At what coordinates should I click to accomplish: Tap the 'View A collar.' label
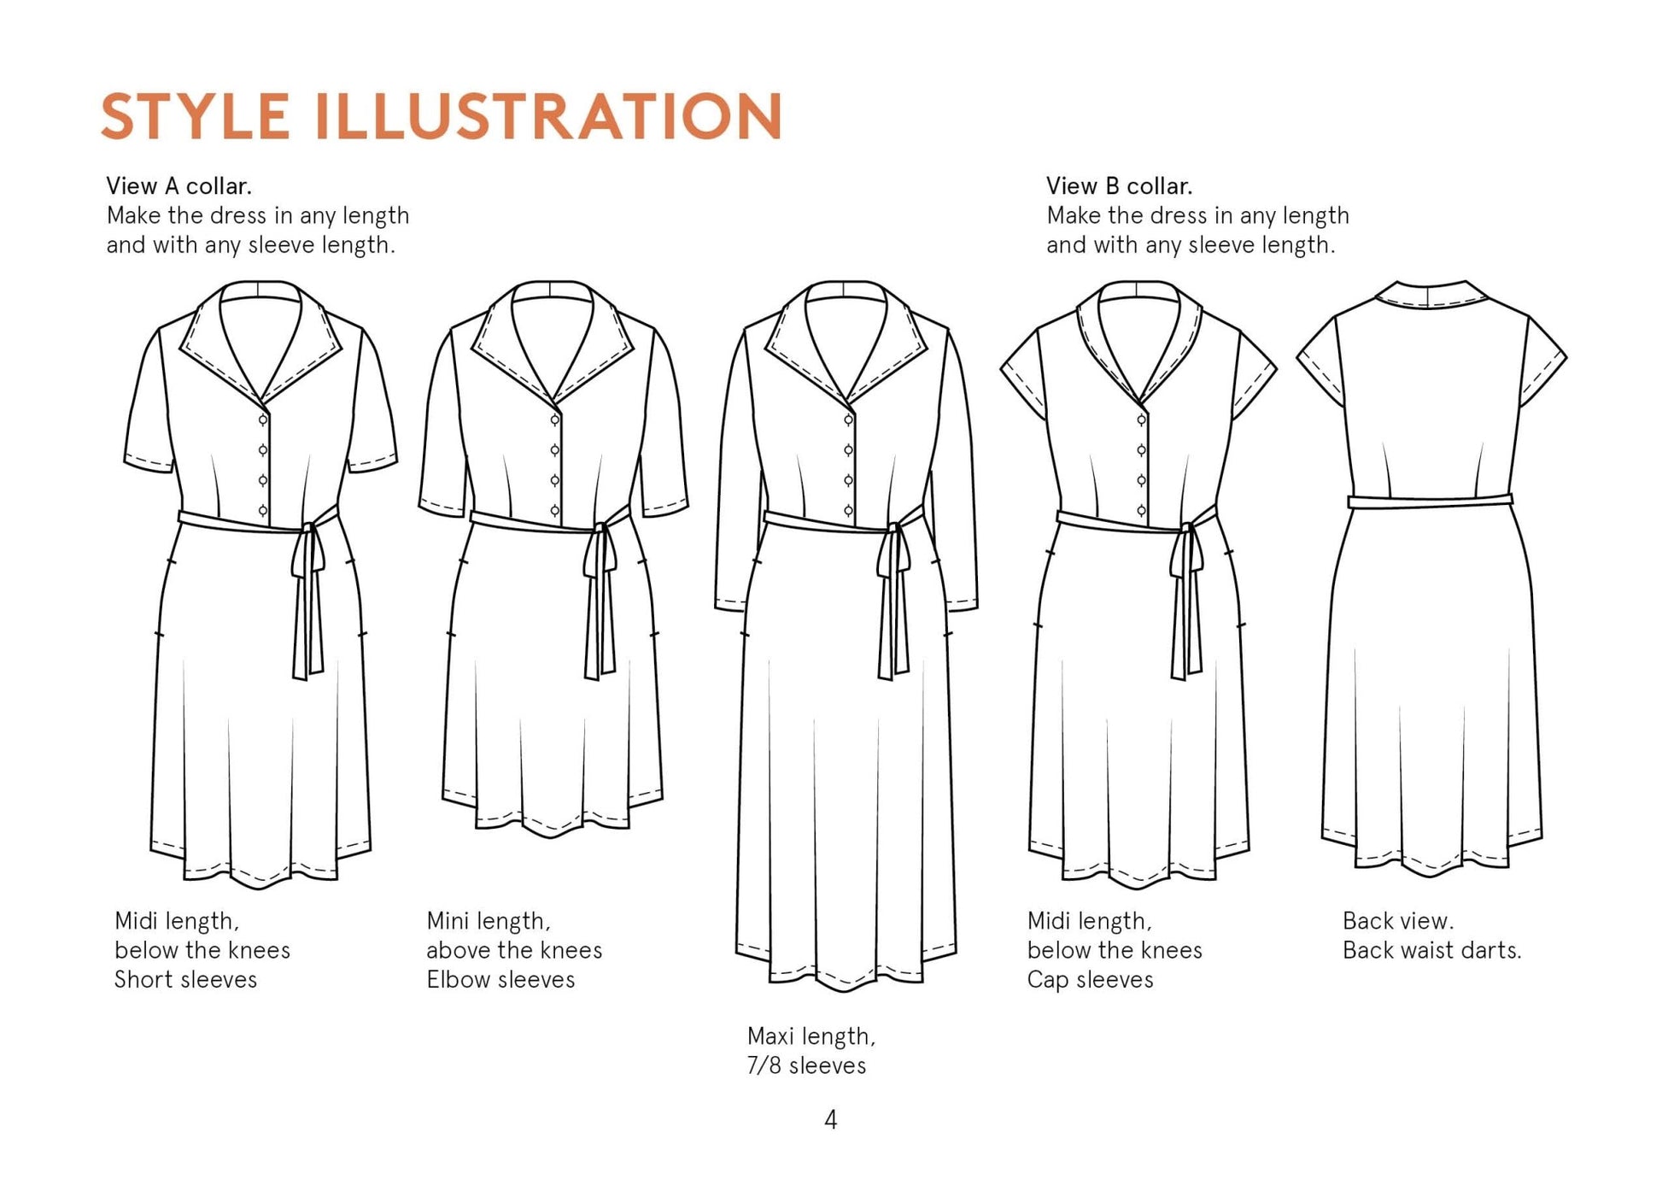point(178,186)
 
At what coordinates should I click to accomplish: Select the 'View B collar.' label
point(1119,186)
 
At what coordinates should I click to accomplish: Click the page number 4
point(831,1119)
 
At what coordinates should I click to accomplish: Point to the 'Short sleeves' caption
point(185,979)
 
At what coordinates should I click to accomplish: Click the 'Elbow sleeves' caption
point(500,979)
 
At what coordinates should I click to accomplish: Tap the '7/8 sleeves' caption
point(806,1065)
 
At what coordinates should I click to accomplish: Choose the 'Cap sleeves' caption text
point(1090,980)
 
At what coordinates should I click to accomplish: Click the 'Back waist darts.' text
point(1432,950)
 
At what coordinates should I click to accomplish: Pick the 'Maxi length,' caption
point(811,1036)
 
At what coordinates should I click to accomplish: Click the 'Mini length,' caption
point(489,921)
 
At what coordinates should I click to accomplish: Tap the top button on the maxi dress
point(848,420)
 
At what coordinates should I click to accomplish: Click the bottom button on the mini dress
point(555,511)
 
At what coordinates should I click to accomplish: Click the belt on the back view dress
point(1431,502)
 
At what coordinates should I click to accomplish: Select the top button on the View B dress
point(1141,420)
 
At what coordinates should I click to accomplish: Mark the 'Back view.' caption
point(1397,921)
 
